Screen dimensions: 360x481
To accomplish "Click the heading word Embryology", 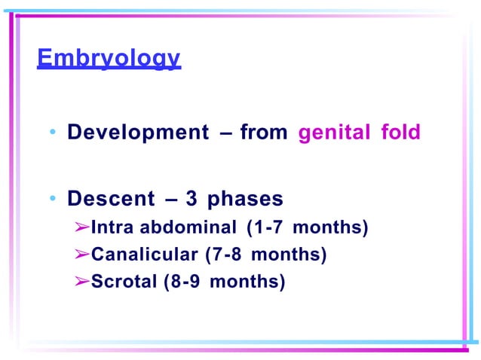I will (109, 58).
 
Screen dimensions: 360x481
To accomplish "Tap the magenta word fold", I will (400, 133).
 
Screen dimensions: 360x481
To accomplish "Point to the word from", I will (263, 133).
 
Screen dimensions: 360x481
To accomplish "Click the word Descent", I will (110, 199).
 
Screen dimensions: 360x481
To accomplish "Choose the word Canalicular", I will (145, 255).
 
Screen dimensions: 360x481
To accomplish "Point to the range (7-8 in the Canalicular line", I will (224, 255).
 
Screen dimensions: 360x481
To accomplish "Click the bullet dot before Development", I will (53, 134).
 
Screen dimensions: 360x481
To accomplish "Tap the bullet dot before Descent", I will (53, 200).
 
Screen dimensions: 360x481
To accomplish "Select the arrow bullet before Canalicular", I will (82, 255).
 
